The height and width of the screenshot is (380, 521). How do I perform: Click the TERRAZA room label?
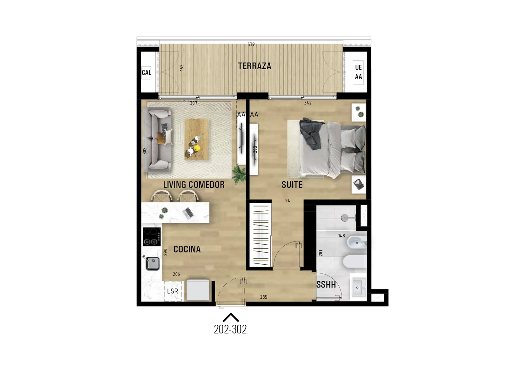[x=254, y=66]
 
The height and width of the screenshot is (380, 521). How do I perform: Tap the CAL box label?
[x=146, y=73]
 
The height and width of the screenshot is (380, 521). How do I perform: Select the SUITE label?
[x=292, y=185]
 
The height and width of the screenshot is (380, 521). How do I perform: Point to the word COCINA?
[x=187, y=249]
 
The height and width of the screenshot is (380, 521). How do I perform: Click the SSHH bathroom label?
[x=326, y=284]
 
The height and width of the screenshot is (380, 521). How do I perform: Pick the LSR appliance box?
[x=173, y=291]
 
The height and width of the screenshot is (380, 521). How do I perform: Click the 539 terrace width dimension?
[x=251, y=44]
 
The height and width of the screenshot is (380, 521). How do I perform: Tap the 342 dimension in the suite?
[x=308, y=103]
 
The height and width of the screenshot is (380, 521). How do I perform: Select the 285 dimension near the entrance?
[x=264, y=297]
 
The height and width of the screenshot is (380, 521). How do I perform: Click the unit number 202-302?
[x=230, y=329]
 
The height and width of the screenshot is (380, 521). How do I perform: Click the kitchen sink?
[x=152, y=263]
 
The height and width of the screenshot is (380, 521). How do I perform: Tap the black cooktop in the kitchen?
[x=152, y=236]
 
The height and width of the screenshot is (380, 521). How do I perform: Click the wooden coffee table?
[x=197, y=139]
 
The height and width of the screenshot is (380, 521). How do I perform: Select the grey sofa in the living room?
[x=158, y=139]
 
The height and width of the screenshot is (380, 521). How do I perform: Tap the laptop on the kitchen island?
[x=188, y=213]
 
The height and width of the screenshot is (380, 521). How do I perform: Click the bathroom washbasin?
[x=358, y=288]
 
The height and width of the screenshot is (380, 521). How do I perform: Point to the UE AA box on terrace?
[x=358, y=72]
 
